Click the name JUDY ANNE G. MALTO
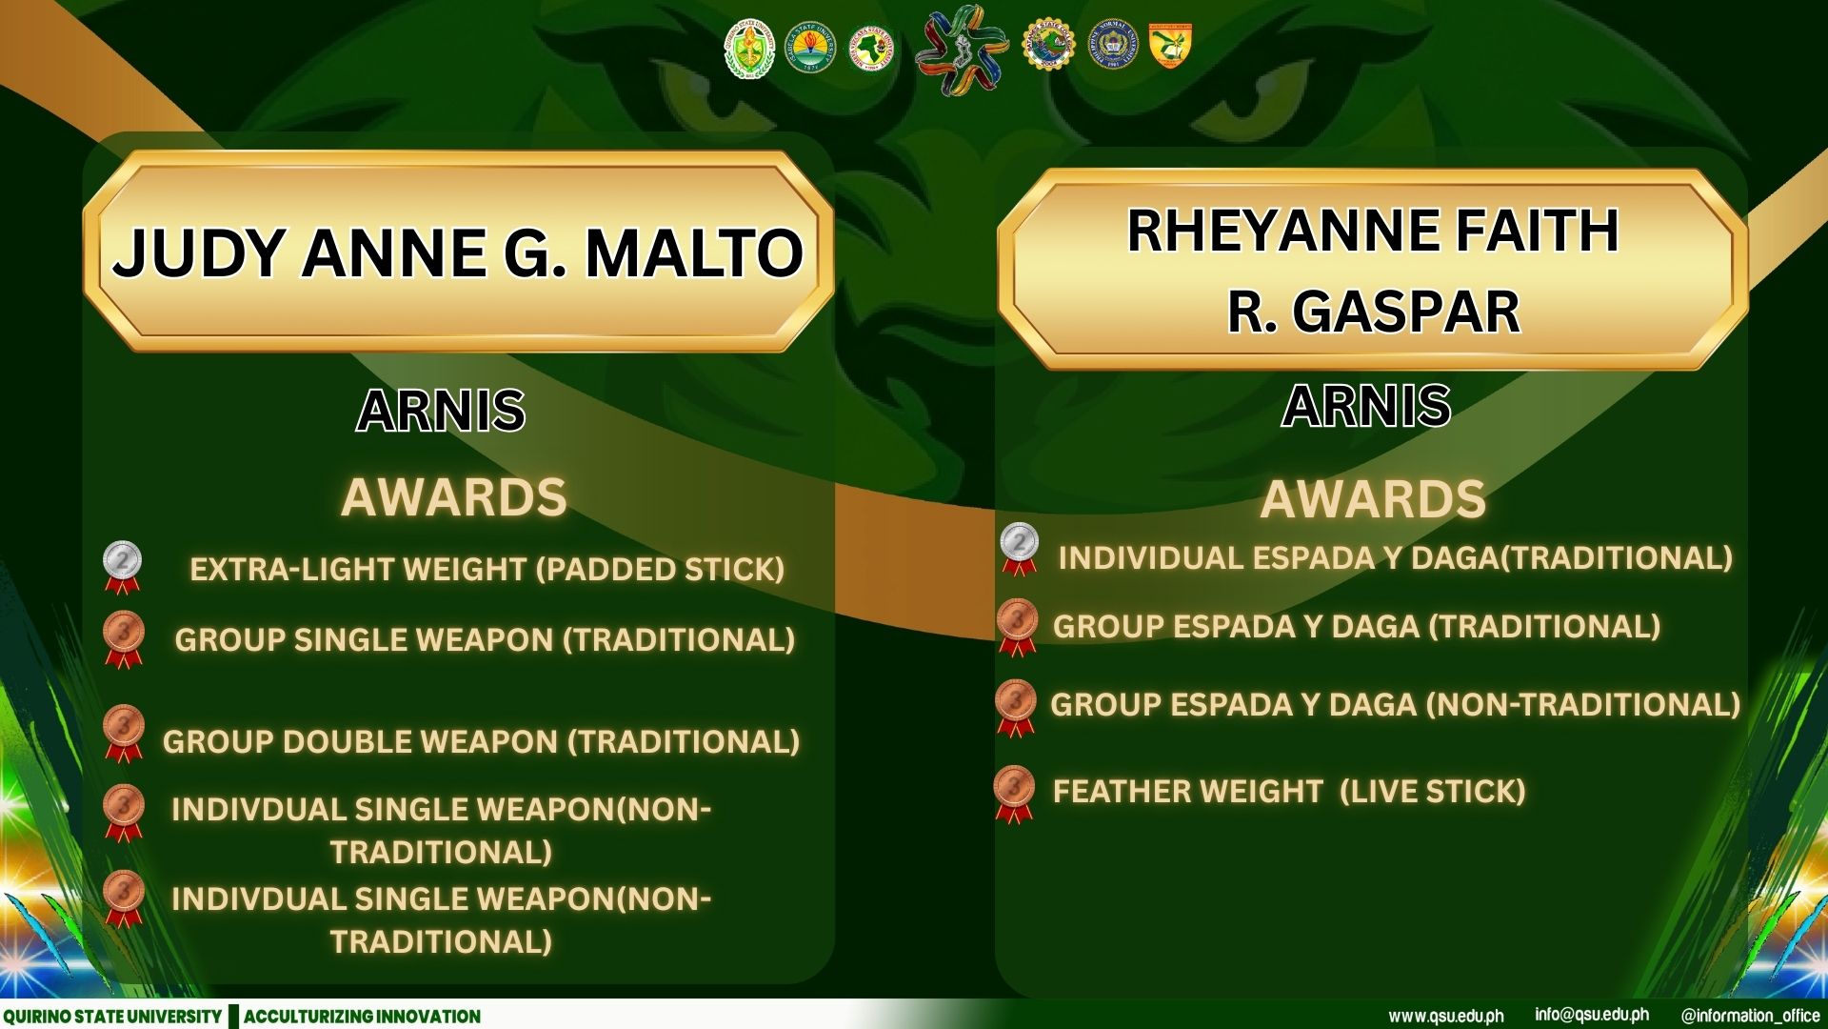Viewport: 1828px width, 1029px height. coord(458,252)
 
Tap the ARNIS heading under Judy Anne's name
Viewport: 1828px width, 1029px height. coord(441,411)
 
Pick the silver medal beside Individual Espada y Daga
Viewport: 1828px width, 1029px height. coord(1020,550)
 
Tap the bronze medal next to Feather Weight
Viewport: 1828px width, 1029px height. coord(1015,794)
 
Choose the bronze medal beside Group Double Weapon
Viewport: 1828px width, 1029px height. coord(124,734)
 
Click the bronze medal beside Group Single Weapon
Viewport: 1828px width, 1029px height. coord(124,639)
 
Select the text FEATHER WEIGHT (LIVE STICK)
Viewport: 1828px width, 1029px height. coord(1289,791)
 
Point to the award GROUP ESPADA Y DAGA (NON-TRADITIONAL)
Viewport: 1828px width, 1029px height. coord(1396,704)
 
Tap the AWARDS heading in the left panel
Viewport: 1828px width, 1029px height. coord(454,497)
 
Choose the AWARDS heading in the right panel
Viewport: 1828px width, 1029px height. coord(1373,499)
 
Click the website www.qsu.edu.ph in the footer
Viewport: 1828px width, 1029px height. coord(1446,1016)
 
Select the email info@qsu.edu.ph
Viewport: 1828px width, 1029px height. coord(1592,1015)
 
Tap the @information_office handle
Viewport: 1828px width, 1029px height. coord(1751,1016)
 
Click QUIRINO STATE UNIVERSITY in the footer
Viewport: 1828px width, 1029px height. coord(112,1017)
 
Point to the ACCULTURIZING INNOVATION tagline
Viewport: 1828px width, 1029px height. coord(362,1017)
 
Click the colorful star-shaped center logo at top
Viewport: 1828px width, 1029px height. coord(962,50)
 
